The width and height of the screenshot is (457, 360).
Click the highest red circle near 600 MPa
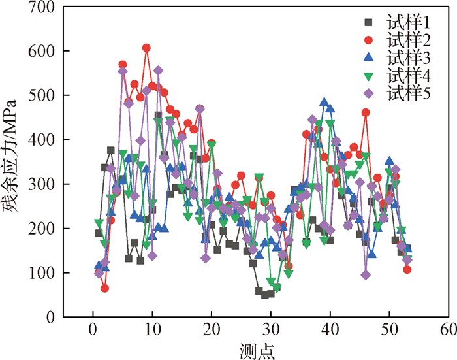146,48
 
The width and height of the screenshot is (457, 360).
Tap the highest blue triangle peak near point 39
324,103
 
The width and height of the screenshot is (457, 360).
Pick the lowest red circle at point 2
104,288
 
